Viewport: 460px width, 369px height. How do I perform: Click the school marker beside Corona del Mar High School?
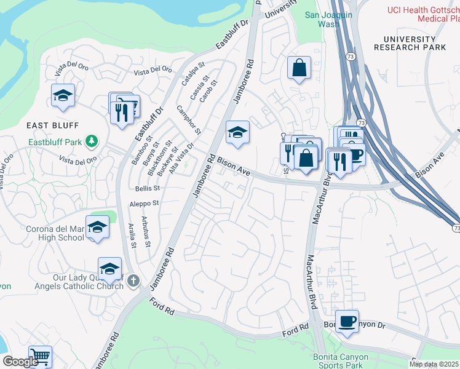click(x=97, y=227)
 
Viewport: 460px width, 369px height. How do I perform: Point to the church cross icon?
click(x=135, y=282)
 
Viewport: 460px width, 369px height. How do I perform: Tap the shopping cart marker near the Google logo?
click(x=40, y=357)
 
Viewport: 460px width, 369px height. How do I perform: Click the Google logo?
click(x=20, y=361)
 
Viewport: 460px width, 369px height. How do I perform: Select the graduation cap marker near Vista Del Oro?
click(x=63, y=95)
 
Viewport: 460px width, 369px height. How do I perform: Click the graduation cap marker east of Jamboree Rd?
click(x=237, y=132)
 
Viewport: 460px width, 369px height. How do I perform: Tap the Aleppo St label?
click(x=144, y=203)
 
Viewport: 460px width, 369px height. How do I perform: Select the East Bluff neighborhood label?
click(x=53, y=125)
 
